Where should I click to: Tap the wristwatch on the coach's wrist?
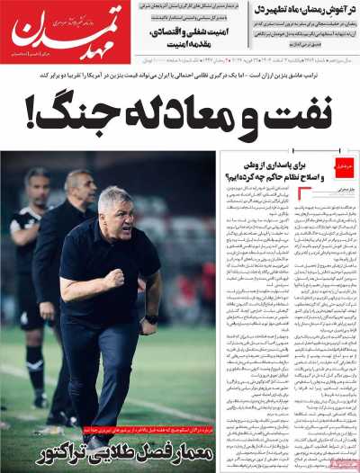click(150, 317)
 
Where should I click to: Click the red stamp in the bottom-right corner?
click(342, 460)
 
